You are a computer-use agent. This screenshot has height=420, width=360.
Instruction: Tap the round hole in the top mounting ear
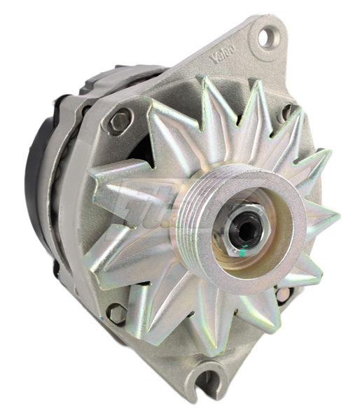point(267,37)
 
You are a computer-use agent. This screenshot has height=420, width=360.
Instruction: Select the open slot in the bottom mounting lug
point(208,381)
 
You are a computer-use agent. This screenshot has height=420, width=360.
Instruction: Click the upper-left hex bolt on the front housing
point(120,121)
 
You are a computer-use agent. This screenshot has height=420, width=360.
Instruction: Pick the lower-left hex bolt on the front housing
point(117,313)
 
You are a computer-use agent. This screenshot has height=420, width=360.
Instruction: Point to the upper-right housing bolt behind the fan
point(288,112)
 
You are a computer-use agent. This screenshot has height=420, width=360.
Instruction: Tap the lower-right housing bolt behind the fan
point(284,294)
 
